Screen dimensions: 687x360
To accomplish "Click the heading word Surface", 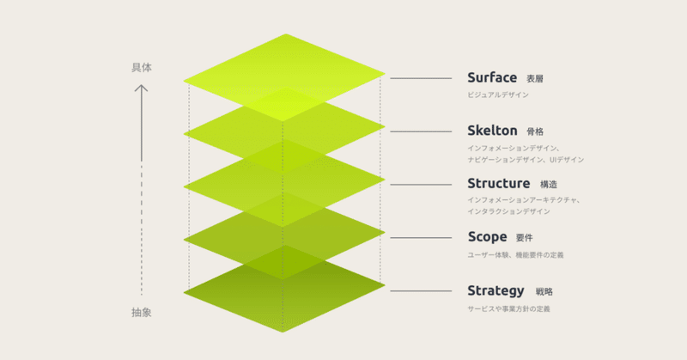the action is click(492, 77).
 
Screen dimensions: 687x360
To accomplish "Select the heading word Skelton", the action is click(492, 131).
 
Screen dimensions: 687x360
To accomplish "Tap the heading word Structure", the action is click(499, 183).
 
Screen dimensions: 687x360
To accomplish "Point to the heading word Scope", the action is click(487, 237).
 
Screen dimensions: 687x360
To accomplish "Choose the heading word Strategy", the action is click(495, 290).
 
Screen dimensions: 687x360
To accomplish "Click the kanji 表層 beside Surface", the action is click(534, 79).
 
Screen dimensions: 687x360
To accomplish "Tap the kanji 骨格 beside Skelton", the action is click(535, 131).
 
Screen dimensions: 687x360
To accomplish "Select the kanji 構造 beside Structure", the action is click(549, 185).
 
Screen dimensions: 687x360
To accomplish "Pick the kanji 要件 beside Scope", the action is click(525, 238).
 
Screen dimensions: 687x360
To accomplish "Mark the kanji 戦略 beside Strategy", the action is click(544, 291).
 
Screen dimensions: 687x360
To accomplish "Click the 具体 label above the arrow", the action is click(142, 68).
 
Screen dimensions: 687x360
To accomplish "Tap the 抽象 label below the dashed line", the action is click(141, 312).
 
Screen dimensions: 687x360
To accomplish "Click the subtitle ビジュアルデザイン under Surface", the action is click(498, 95).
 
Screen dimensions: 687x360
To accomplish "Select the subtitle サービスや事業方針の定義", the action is click(508, 308).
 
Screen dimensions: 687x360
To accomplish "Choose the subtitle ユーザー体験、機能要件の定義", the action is click(516, 255).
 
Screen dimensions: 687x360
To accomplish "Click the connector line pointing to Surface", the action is click(421, 78).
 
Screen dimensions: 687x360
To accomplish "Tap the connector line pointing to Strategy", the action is click(421, 290).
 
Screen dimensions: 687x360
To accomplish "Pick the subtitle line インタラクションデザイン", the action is click(508, 211).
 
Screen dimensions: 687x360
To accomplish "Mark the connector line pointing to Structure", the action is click(421, 185).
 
